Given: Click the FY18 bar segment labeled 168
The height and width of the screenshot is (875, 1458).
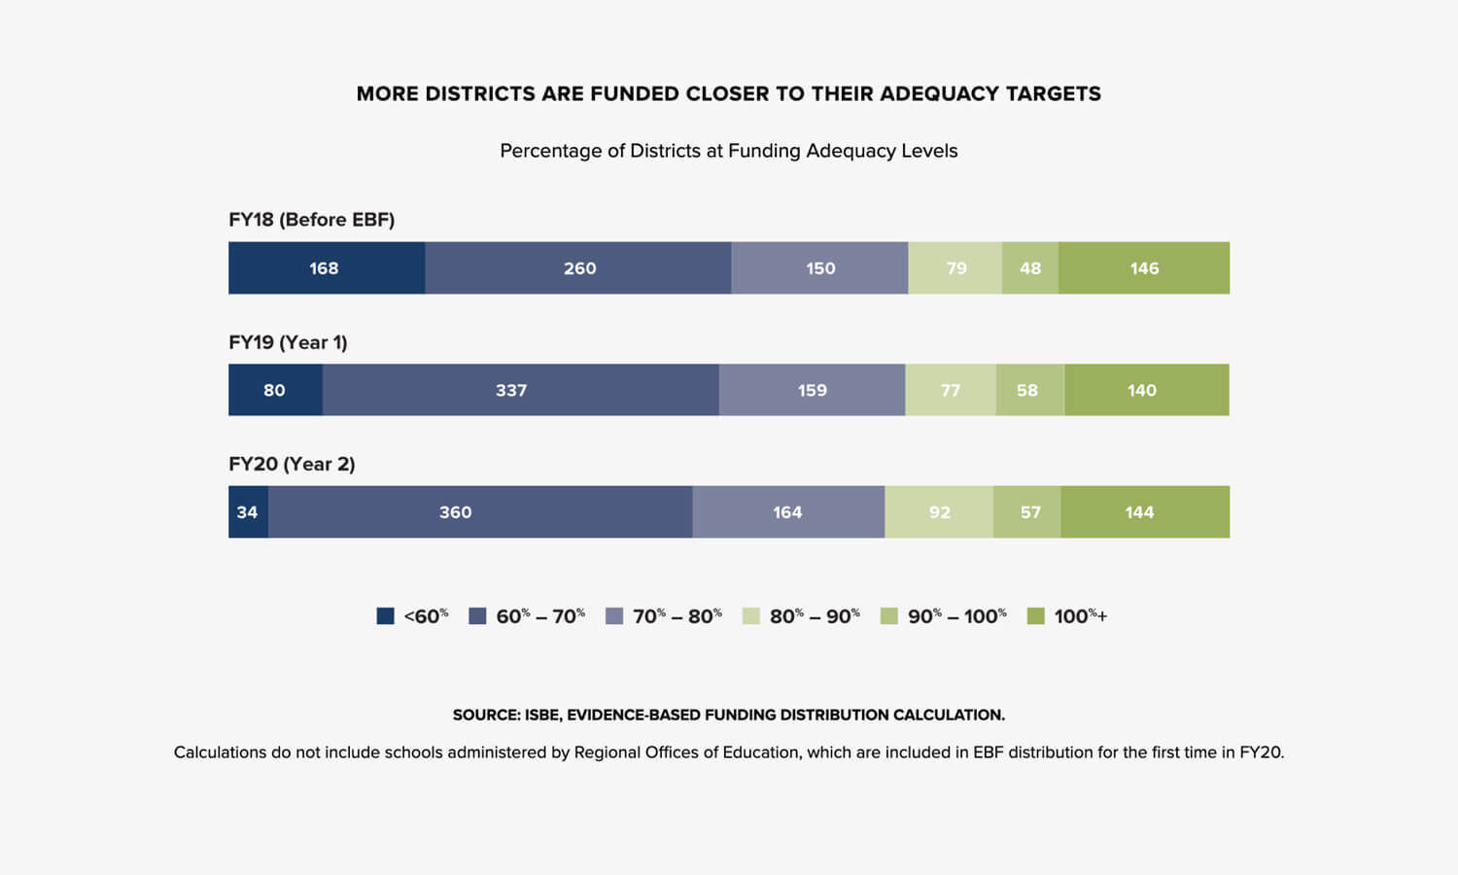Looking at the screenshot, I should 326,268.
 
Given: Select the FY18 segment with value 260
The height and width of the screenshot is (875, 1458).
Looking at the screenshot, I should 578,268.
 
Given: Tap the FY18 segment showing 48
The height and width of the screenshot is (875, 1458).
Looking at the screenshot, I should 1030,268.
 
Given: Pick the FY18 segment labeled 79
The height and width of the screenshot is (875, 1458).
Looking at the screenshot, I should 955,268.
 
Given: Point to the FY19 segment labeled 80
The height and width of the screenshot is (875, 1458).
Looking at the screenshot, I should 275,390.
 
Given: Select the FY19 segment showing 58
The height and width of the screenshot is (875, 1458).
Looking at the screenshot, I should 1029,390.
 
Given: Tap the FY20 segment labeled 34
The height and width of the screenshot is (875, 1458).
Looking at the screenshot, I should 248,512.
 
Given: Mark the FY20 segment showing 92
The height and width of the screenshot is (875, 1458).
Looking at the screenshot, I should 939,512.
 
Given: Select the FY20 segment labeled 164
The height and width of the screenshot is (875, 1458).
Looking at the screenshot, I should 788,512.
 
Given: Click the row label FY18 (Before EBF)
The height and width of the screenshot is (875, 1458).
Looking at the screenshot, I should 311,220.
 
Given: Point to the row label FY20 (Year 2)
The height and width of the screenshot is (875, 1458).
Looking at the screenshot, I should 292,465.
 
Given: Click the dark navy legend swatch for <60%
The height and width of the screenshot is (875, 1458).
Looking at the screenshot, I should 385,616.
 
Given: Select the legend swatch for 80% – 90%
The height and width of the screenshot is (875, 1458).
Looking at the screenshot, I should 751,616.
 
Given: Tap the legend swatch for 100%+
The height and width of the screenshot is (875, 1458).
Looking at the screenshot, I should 1036,616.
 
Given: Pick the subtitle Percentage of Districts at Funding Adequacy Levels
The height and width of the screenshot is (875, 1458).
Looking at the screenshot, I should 728,151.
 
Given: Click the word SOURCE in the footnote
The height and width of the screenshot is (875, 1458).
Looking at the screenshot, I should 485,715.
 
